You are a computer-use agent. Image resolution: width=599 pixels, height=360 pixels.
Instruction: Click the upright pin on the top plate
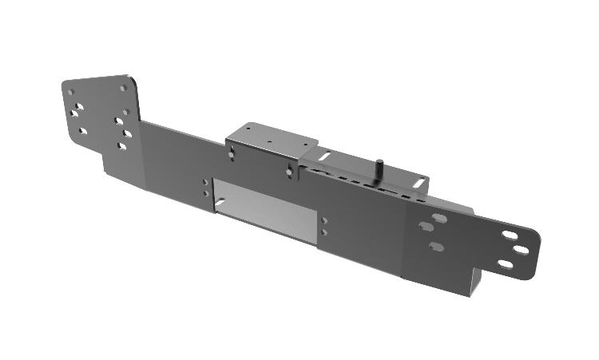click(x=380, y=169)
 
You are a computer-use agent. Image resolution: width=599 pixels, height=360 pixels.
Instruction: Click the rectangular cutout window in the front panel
click(x=264, y=212)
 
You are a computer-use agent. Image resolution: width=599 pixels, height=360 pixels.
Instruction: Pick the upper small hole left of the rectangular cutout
click(x=206, y=184)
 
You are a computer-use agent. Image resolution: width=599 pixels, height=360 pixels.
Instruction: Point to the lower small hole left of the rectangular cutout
click(x=206, y=193)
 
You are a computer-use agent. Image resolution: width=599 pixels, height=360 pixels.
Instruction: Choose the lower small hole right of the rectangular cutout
click(x=323, y=231)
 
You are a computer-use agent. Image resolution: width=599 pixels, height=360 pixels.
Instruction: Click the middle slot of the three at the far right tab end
click(x=521, y=250)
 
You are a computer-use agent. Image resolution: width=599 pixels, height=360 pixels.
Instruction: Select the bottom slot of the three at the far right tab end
click(x=506, y=263)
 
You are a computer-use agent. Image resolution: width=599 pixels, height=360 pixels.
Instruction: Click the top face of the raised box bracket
click(x=268, y=137)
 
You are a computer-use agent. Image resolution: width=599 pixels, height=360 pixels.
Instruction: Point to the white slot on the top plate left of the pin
click(x=327, y=156)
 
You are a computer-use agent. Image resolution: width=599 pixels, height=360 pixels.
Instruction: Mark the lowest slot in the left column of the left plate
click(x=82, y=130)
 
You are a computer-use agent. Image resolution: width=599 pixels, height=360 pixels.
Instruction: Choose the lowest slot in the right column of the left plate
click(x=121, y=146)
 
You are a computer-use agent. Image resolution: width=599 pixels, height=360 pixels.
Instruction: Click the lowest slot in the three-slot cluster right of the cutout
click(x=436, y=247)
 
